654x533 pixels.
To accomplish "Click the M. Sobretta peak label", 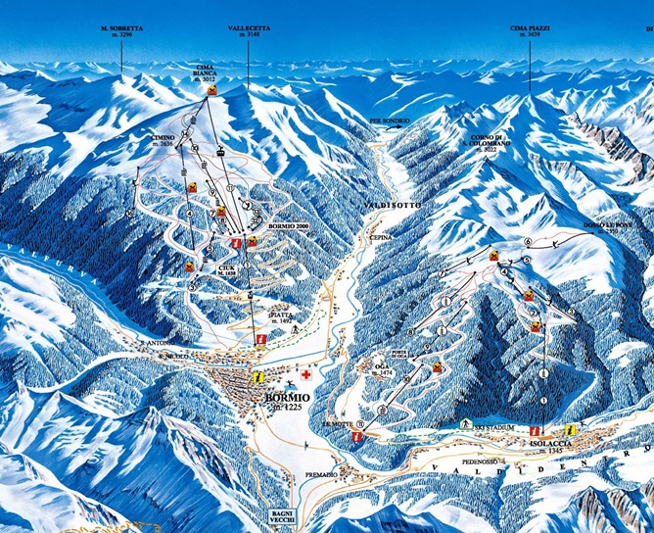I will pyautogui.click(x=122, y=31).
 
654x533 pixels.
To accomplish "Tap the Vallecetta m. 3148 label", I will pyautogui.click(x=249, y=31).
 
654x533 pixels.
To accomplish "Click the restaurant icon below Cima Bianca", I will pyautogui.click(x=211, y=90).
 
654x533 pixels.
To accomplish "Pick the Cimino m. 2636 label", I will pyautogui.click(x=163, y=140).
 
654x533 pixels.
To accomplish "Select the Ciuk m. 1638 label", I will pyautogui.click(x=227, y=266).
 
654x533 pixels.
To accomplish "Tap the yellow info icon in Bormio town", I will pyautogui.click(x=257, y=376).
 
